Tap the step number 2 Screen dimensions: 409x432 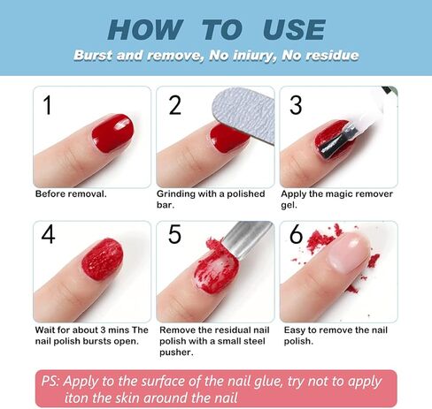(x=175, y=106)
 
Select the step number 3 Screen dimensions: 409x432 (x=296, y=106)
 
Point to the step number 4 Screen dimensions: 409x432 (x=49, y=236)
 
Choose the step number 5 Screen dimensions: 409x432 (x=174, y=236)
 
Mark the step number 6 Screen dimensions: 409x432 (x=297, y=236)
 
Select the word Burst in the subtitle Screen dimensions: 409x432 (x=96, y=56)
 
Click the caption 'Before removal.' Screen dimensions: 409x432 (x=71, y=193)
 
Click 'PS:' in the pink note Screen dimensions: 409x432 (x=58, y=381)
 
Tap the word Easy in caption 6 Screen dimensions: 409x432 (x=296, y=329)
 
